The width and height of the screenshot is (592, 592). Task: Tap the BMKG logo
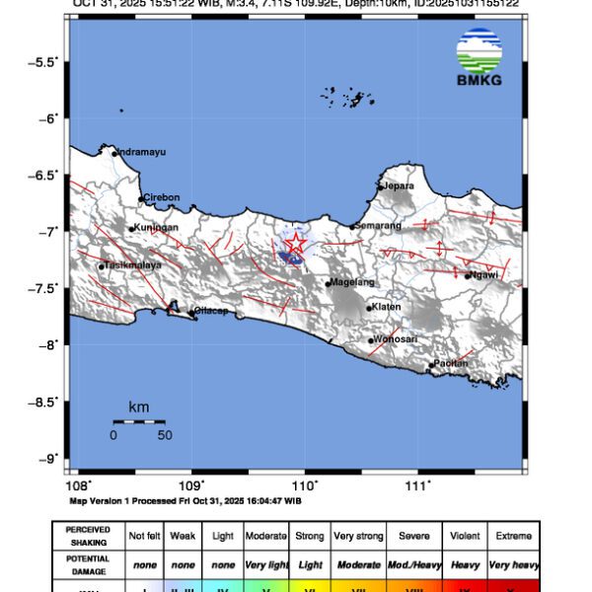(480, 58)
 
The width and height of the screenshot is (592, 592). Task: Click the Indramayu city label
(141, 152)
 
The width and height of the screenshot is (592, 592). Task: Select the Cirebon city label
(162, 197)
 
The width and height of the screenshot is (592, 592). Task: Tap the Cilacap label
(211, 311)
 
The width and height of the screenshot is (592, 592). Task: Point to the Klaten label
(387, 307)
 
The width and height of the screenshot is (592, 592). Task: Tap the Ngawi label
(483, 275)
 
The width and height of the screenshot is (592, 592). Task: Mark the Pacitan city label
(453, 364)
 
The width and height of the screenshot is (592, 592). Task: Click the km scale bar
(138, 421)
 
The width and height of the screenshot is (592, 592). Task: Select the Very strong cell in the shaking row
(357, 536)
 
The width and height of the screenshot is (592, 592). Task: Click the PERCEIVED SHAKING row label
(88, 536)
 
